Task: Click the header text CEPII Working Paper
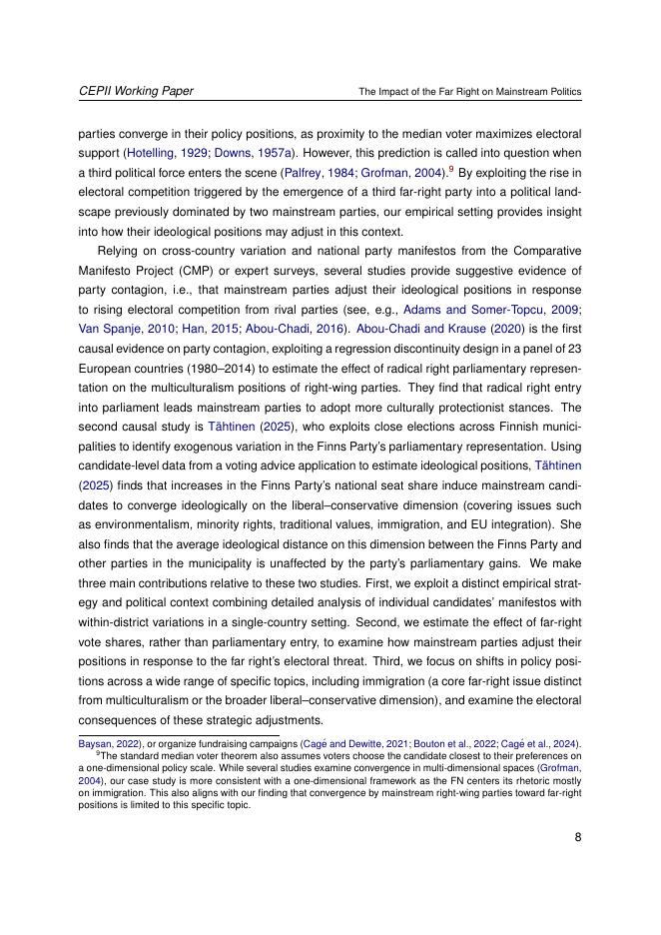pyautogui.click(x=136, y=91)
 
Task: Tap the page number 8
pyautogui.click(x=577, y=837)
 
